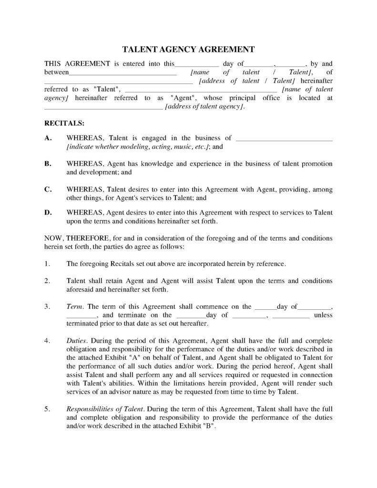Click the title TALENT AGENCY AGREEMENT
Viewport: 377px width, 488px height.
189,49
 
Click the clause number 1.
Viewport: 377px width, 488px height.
47,263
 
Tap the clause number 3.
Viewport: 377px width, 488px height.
47,306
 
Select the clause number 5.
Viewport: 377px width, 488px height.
47,409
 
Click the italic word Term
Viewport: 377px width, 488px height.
75,306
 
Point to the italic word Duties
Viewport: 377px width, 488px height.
76,341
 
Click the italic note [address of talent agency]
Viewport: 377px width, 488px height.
204,107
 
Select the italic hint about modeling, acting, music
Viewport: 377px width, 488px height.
136,147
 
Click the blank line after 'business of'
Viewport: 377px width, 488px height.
284,139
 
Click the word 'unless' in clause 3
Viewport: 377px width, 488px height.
323,315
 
